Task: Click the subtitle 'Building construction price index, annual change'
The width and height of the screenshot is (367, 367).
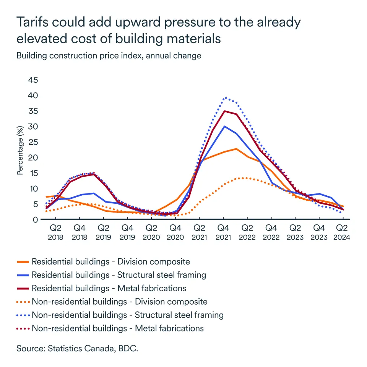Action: click(109, 55)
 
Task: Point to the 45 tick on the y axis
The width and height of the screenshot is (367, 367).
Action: click(33, 80)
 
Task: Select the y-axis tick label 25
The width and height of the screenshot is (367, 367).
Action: click(33, 142)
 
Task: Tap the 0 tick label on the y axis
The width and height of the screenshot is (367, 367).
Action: click(36, 219)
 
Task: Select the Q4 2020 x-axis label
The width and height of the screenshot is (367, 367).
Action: click(175, 232)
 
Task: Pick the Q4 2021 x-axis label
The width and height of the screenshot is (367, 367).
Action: click(223, 232)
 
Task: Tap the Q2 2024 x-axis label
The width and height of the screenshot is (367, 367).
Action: click(342, 232)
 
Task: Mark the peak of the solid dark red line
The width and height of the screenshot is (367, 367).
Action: click(224, 111)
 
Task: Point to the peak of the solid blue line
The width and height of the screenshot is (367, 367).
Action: click(224, 126)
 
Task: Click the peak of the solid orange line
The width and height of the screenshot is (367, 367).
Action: click(237, 149)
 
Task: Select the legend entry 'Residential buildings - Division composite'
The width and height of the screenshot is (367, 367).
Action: click(110, 262)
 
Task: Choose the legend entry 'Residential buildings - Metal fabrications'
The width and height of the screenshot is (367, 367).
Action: click(109, 288)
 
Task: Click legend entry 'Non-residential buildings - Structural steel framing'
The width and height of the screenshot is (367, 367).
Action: click(127, 315)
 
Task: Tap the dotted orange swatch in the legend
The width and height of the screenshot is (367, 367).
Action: click(23, 302)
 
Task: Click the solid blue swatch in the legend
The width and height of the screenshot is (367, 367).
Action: click(23, 275)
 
